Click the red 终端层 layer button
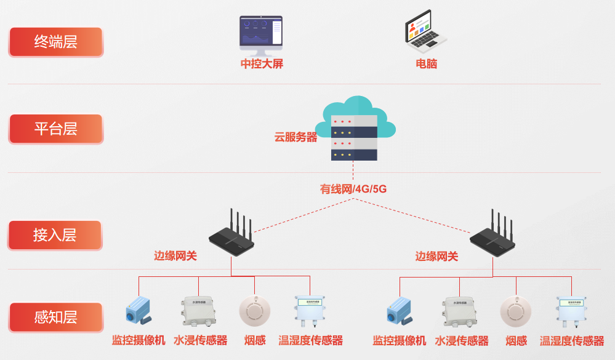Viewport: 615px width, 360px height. (x=55, y=42)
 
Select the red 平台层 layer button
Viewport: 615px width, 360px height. (x=55, y=129)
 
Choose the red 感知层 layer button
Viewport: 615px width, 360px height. (x=55, y=318)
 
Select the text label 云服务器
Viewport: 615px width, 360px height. (x=295, y=137)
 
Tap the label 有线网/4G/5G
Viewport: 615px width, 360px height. (x=353, y=189)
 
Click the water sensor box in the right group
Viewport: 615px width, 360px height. (x=459, y=311)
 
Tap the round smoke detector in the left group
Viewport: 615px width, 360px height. (x=254, y=311)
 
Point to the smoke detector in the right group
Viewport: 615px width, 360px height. (x=515, y=311)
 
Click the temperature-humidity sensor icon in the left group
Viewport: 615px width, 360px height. (x=310, y=311)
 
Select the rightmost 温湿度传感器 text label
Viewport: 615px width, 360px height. (x=572, y=341)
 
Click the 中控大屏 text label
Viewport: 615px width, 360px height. (x=262, y=64)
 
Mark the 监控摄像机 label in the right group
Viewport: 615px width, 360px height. (x=399, y=341)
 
